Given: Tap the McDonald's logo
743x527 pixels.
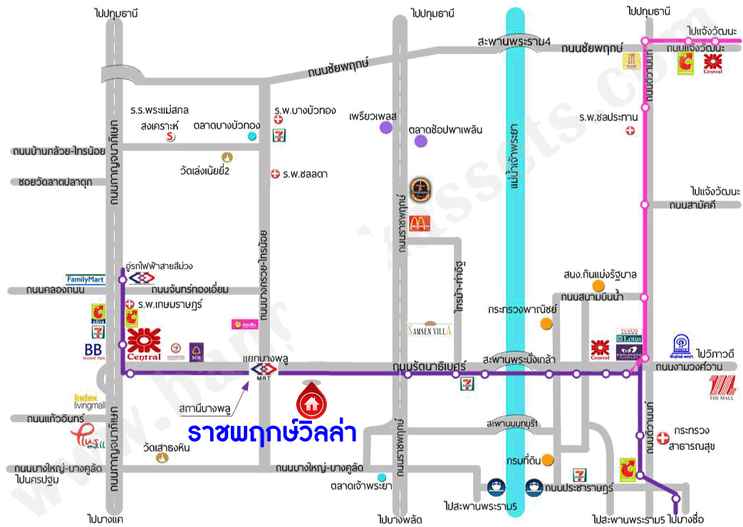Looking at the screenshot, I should click(x=420, y=222).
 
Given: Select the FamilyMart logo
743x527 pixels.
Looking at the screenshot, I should click(x=85, y=280).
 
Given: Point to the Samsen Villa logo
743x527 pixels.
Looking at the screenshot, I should click(x=430, y=330).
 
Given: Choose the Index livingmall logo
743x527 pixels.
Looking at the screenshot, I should click(x=89, y=401).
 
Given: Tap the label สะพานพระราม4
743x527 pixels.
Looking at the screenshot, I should click(x=514, y=42).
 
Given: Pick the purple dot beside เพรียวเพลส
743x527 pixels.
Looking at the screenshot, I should click(x=385, y=127).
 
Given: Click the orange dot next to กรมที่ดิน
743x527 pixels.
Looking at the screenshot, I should click(x=547, y=460).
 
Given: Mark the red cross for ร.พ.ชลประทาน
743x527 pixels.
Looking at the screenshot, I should click(x=630, y=130).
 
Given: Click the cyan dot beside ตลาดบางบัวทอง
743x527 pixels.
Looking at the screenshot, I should click(x=251, y=136).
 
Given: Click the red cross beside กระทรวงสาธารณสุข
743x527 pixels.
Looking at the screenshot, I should click(x=663, y=437).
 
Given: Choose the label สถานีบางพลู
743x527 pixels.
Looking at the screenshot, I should click(x=204, y=410).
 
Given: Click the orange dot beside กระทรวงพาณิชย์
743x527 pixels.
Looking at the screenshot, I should click(x=546, y=324).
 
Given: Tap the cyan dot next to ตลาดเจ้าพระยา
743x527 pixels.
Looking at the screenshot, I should click(x=383, y=476).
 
